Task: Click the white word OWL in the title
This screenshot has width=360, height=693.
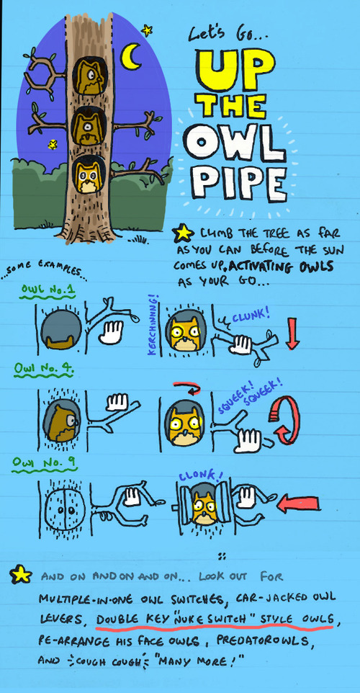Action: pos(235,142)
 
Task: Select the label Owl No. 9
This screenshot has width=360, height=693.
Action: pos(43,463)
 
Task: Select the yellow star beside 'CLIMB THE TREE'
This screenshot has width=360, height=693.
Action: pos(184,233)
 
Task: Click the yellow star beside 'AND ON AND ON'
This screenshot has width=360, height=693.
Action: pos(21,574)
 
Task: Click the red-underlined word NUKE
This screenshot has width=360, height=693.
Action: pos(190,618)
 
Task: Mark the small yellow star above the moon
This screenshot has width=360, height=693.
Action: pos(147,30)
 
